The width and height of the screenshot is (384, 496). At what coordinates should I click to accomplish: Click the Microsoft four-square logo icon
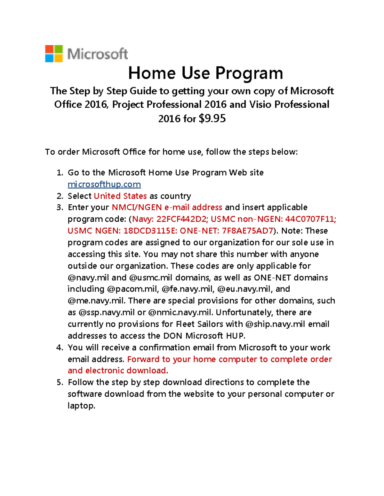(54, 54)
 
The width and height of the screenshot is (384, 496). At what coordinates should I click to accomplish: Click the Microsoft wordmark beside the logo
(98, 54)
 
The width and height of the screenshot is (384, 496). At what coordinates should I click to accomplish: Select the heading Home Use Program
(205, 73)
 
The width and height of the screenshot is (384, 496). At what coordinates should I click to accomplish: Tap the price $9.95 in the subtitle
(212, 118)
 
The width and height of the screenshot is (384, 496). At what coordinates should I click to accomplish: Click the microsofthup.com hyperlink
(104, 184)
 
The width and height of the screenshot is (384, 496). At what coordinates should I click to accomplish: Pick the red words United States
(120, 196)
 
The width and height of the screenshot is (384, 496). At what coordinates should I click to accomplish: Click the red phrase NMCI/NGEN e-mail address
(167, 207)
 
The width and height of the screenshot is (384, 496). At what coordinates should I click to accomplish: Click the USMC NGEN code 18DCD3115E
(150, 231)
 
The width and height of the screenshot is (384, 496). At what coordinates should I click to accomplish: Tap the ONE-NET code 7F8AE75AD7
(247, 231)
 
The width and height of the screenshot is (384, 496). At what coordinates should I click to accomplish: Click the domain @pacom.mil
(132, 289)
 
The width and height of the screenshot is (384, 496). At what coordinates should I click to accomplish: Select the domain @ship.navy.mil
(275, 324)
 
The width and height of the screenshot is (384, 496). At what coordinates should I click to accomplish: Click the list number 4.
(59, 347)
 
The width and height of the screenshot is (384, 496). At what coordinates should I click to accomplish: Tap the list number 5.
(59, 382)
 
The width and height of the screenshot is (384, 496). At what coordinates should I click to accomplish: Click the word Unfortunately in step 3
(244, 312)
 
